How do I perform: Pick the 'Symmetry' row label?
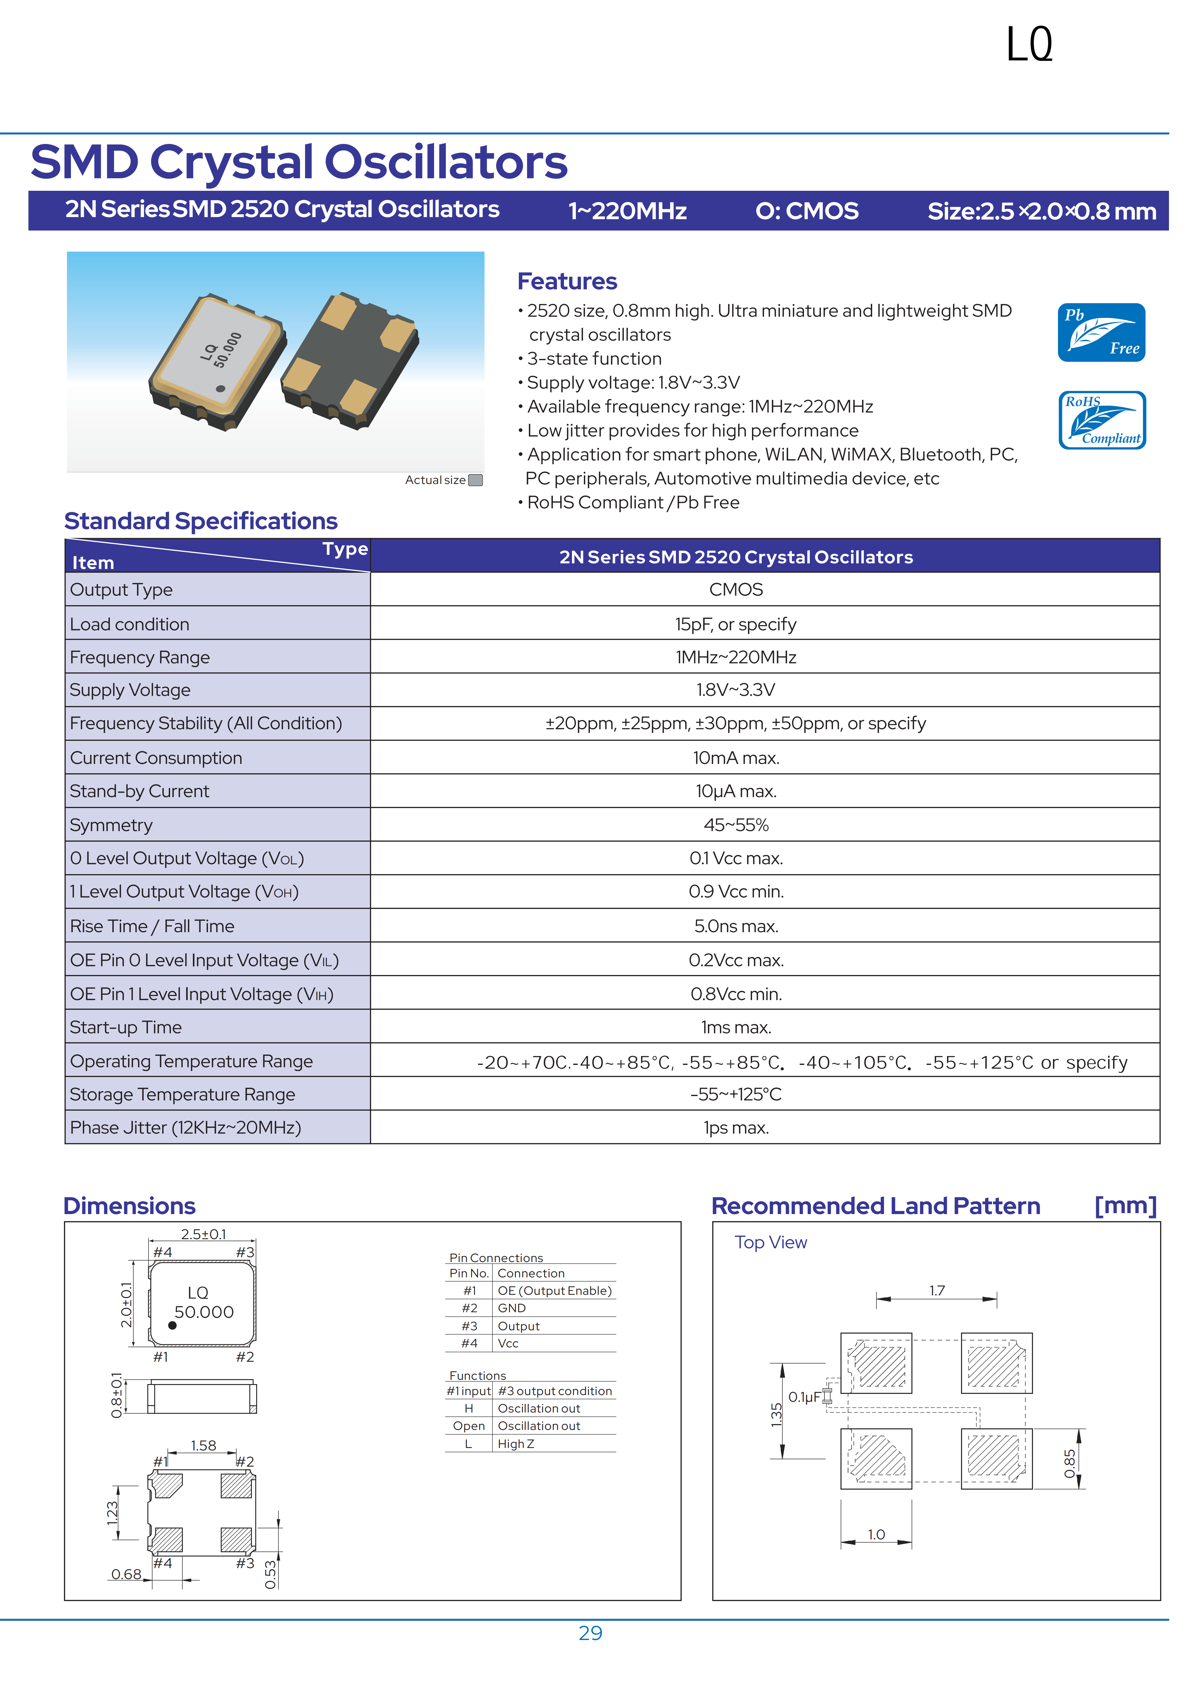[112, 825]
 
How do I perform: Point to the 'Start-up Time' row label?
[125, 1028]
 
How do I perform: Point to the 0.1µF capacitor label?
[804, 1397]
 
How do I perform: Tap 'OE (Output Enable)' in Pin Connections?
[554, 1291]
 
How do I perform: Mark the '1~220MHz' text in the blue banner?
[627, 211]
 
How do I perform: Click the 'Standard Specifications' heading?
[201, 521]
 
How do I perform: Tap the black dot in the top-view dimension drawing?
[172, 1325]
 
